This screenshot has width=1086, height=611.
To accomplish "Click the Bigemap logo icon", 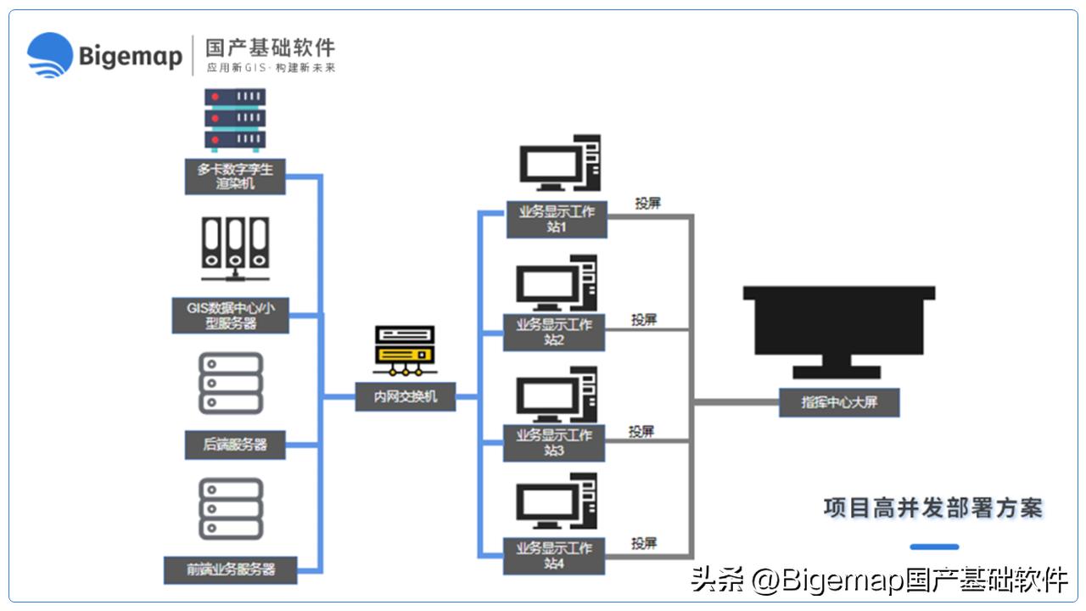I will tap(50, 55).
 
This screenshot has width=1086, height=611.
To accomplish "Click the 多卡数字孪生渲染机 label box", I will tap(235, 176).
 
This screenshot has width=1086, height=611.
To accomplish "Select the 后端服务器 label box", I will tap(235, 444).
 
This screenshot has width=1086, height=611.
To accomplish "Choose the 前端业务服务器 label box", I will tap(230, 569).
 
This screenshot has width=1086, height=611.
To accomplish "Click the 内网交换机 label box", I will tap(406, 395).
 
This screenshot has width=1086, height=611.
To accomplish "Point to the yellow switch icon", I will tap(405, 350).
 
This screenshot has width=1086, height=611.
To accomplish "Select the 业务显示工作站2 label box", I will tap(554, 332).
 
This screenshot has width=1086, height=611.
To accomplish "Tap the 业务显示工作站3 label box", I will tap(554, 443).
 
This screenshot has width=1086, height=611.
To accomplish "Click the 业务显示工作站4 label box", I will tap(554, 554).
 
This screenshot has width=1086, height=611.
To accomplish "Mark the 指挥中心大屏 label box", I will tap(838, 402).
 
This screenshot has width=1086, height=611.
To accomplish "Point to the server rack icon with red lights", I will tap(235, 119).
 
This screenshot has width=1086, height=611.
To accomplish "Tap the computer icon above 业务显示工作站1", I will tap(560, 164).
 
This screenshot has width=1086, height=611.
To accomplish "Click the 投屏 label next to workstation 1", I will tap(647, 204).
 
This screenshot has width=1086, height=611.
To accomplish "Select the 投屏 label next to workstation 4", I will tap(644, 543).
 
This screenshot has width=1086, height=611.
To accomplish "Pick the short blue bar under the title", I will tap(934, 547).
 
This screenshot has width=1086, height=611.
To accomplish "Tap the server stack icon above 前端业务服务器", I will tap(230, 508).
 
